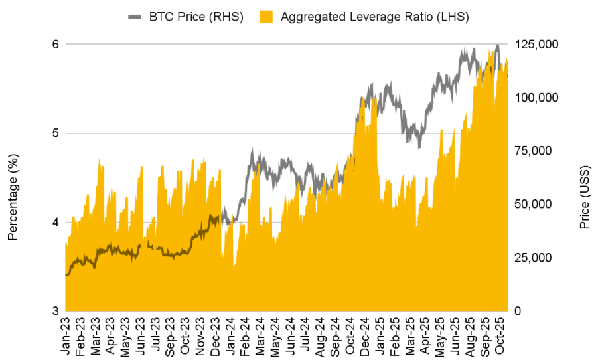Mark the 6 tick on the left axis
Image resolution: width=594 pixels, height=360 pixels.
(x=56, y=44)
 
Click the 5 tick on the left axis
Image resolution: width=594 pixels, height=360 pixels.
(x=56, y=133)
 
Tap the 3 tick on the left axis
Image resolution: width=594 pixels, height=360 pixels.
(x=56, y=311)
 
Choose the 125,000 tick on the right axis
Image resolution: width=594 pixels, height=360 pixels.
(x=539, y=44)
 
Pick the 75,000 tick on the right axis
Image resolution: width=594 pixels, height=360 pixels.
(x=536, y=151)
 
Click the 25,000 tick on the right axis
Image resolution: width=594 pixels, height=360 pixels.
(x=536, y=258)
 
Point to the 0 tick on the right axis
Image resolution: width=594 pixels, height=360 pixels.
(x=519, y=311)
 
